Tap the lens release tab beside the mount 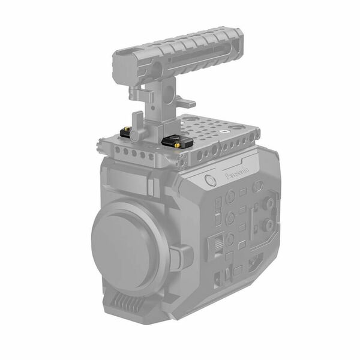179,257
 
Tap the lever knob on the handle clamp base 137,135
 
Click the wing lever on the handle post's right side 184,103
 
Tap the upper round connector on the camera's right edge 268,203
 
